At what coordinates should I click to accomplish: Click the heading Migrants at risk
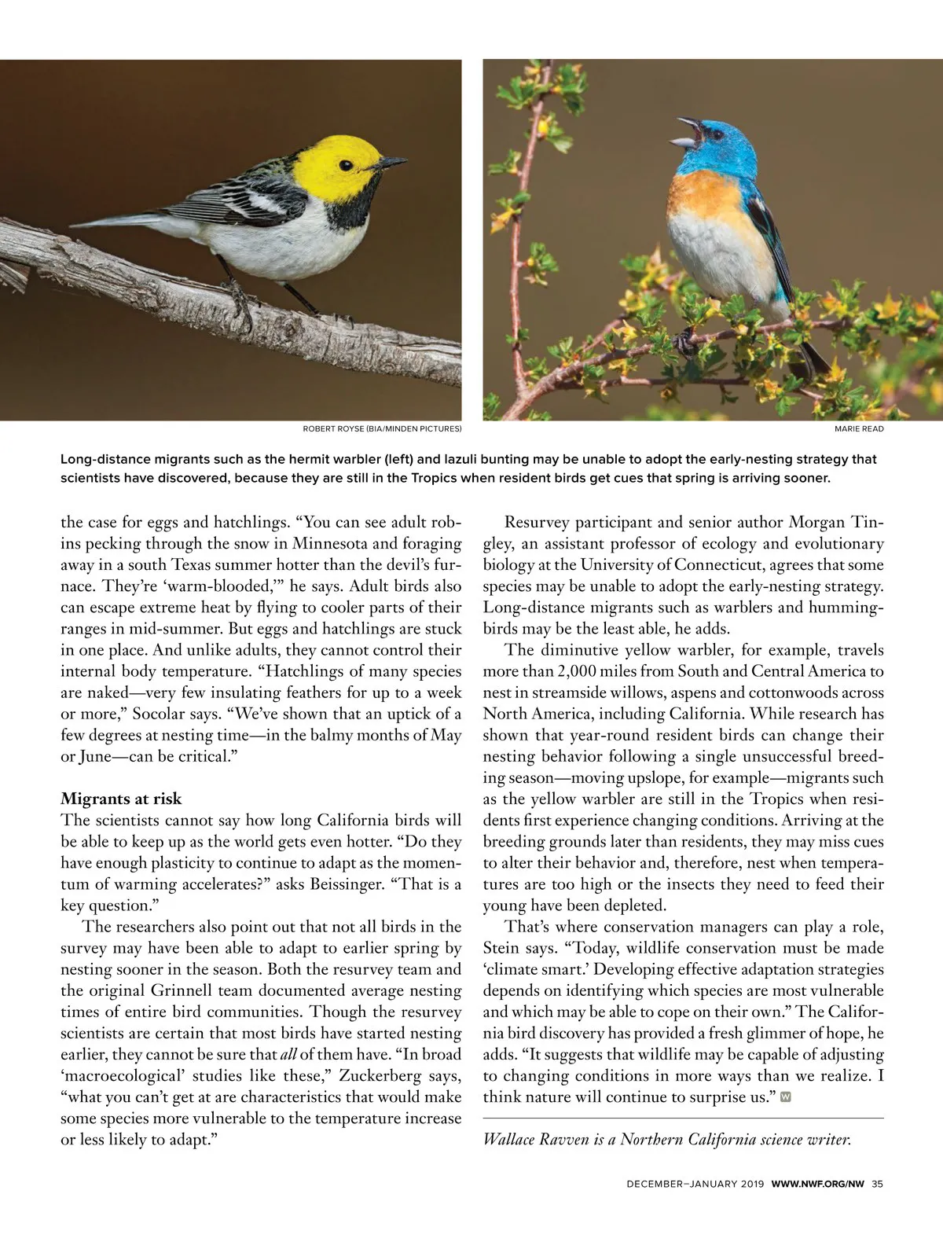coord(121,799)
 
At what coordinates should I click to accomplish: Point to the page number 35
coord(878,1184)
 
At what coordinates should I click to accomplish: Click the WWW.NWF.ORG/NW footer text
coord(817,1184)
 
